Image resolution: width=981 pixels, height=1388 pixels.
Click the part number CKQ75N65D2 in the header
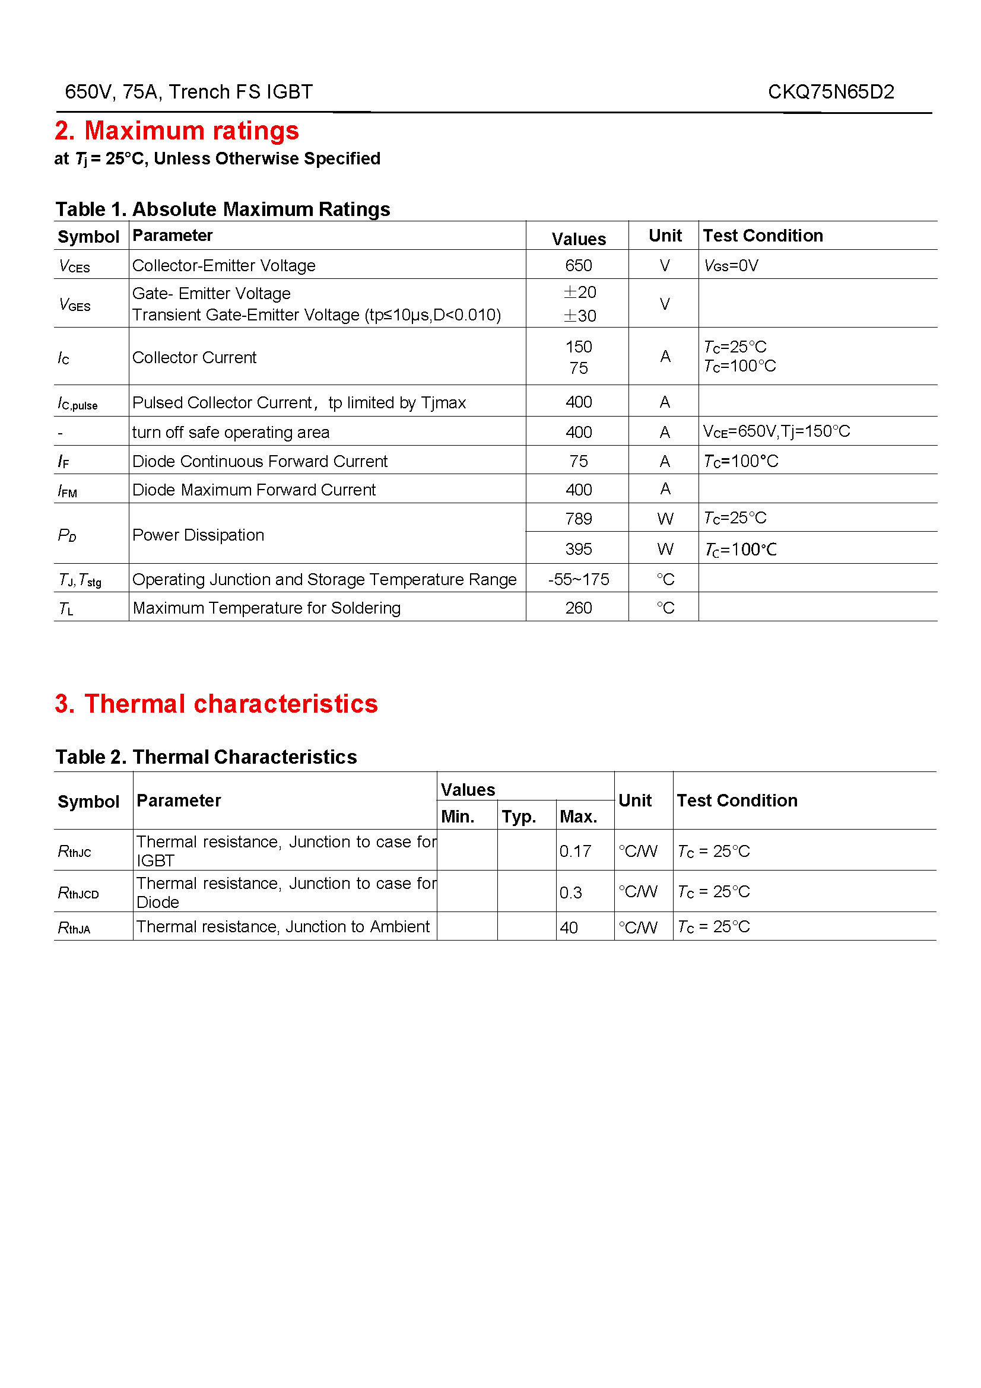click(x=830, y=92)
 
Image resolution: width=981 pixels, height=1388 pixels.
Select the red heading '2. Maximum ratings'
click(x=176, y=131)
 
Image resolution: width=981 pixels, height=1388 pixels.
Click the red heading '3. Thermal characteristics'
click(x=216, y=704)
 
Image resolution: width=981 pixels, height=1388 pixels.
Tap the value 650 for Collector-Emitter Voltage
click(x=579, y=265)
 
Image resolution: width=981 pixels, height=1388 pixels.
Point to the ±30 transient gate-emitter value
click(x=580, y=316)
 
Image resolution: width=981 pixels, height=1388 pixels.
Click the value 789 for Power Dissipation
click(x=579, y=519)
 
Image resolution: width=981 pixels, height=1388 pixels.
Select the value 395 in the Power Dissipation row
click(x=579, y=549)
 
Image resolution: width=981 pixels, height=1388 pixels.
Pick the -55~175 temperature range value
click(x=579, y=579)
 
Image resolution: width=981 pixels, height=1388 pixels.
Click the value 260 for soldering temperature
click(x=579, y=608)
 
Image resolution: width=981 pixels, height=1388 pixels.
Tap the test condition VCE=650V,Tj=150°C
click(x=776, y=431)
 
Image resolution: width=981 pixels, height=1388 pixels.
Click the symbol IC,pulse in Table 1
click(x=77, y=403)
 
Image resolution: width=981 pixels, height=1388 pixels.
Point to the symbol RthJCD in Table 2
click(x=78, y=893)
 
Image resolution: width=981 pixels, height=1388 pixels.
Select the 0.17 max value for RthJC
click(x=575, y=851)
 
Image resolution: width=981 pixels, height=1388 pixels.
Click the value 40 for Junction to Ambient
click(x=569, y=928)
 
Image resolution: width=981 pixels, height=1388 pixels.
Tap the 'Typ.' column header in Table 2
click(x=519, y=817)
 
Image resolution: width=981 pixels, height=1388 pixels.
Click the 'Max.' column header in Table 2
click(x=579, y=817)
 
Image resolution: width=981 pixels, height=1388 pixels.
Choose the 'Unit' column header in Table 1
click(x=665, y=236)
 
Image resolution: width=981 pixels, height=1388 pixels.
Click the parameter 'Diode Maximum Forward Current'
click(x=254, y=490)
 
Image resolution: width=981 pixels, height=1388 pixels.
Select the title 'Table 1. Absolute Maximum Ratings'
click(x=223, y=209)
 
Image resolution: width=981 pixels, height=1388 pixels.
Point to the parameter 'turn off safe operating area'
click(x=231, y=432)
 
